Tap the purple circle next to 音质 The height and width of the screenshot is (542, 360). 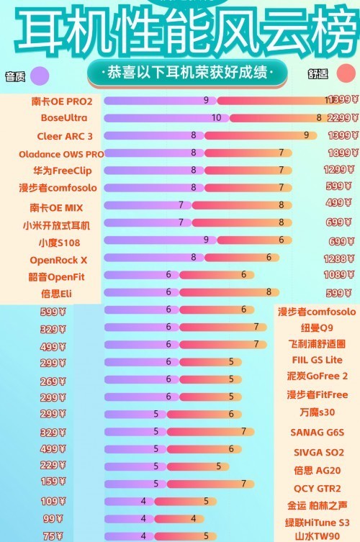click(40, 75)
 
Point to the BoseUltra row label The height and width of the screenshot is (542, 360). click(64, 117)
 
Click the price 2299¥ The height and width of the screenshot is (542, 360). click(342, 118)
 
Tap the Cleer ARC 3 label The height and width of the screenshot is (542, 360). click(65, 135)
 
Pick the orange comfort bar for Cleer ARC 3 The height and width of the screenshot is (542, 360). click(259, 135)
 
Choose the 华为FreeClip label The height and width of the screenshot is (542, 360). click(63, 171)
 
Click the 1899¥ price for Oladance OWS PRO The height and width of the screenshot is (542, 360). click(342, 153)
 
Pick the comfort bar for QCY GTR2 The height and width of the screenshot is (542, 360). click(216, 484)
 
